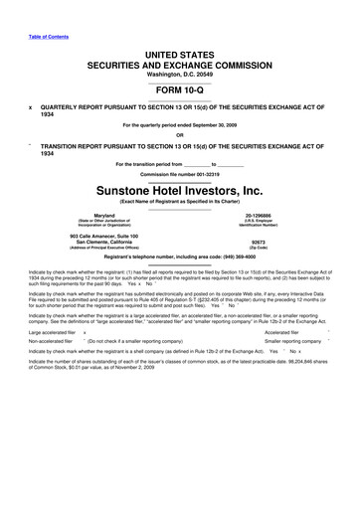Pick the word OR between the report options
pyautogui.click(x=180, y=136)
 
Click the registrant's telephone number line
pyautogui.click(x=180, y=256)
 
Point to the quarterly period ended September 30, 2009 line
pyautogui.click(x=180, y=126)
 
